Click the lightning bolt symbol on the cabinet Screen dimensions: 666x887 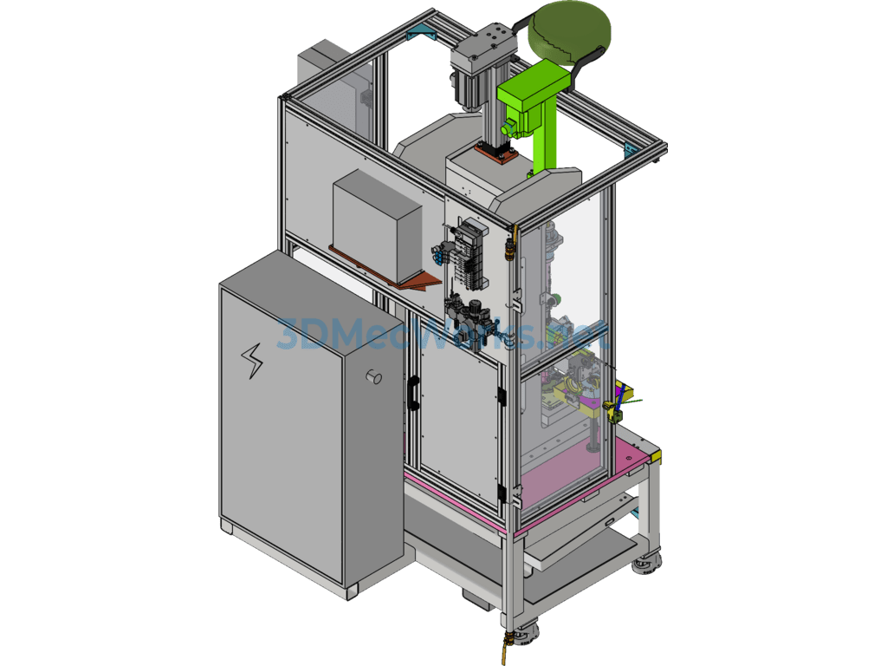coord(253,361)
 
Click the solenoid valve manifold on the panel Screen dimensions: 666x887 coord(469,251)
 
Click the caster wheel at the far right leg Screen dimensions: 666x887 coord(645,565)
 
